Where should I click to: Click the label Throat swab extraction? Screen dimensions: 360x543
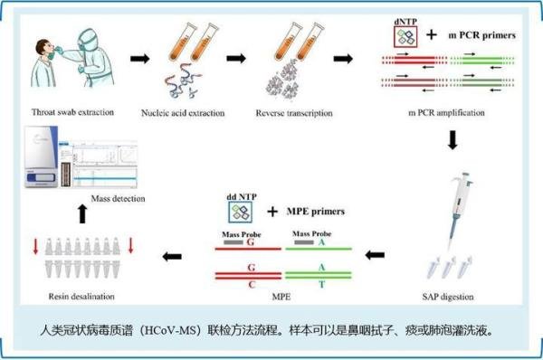click(59, 115)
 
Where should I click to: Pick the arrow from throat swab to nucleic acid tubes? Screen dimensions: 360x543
click(138, 60)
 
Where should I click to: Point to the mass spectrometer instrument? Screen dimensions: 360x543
click(41, 158)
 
